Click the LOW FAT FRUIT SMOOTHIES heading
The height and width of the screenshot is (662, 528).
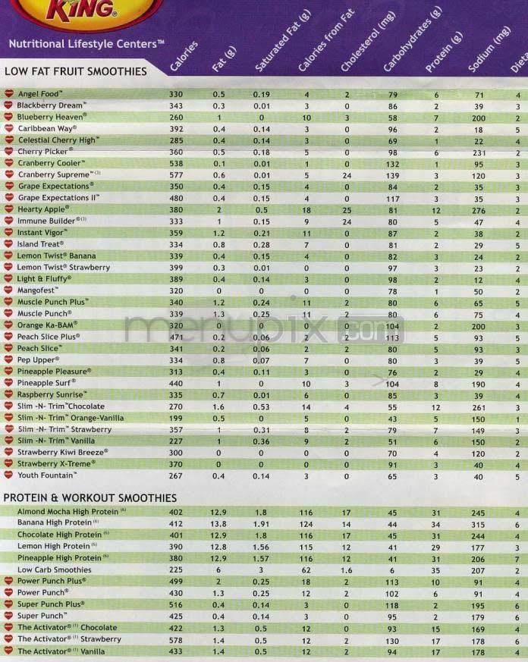point(76,71)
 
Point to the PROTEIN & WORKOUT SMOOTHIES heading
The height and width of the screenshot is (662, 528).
point(90,497)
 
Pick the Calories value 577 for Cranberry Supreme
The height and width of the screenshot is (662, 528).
point(176,174)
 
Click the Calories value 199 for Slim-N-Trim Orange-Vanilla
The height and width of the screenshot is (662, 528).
point(176,418)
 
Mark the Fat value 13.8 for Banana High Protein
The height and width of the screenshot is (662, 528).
point(219,523)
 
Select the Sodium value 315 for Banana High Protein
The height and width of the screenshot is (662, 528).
point(477,523)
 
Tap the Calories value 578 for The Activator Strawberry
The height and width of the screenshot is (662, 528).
point(176,639)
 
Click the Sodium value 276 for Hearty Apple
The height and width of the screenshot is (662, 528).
point(477,209)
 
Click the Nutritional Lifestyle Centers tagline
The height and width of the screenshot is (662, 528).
point(86,44)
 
